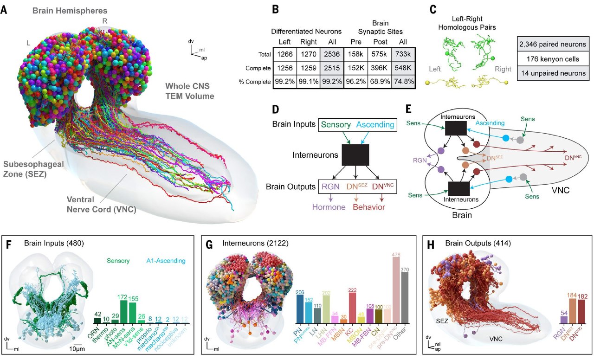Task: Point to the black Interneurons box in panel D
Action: [x=355, y=154]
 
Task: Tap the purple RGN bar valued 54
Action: [x=564, y=319]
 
